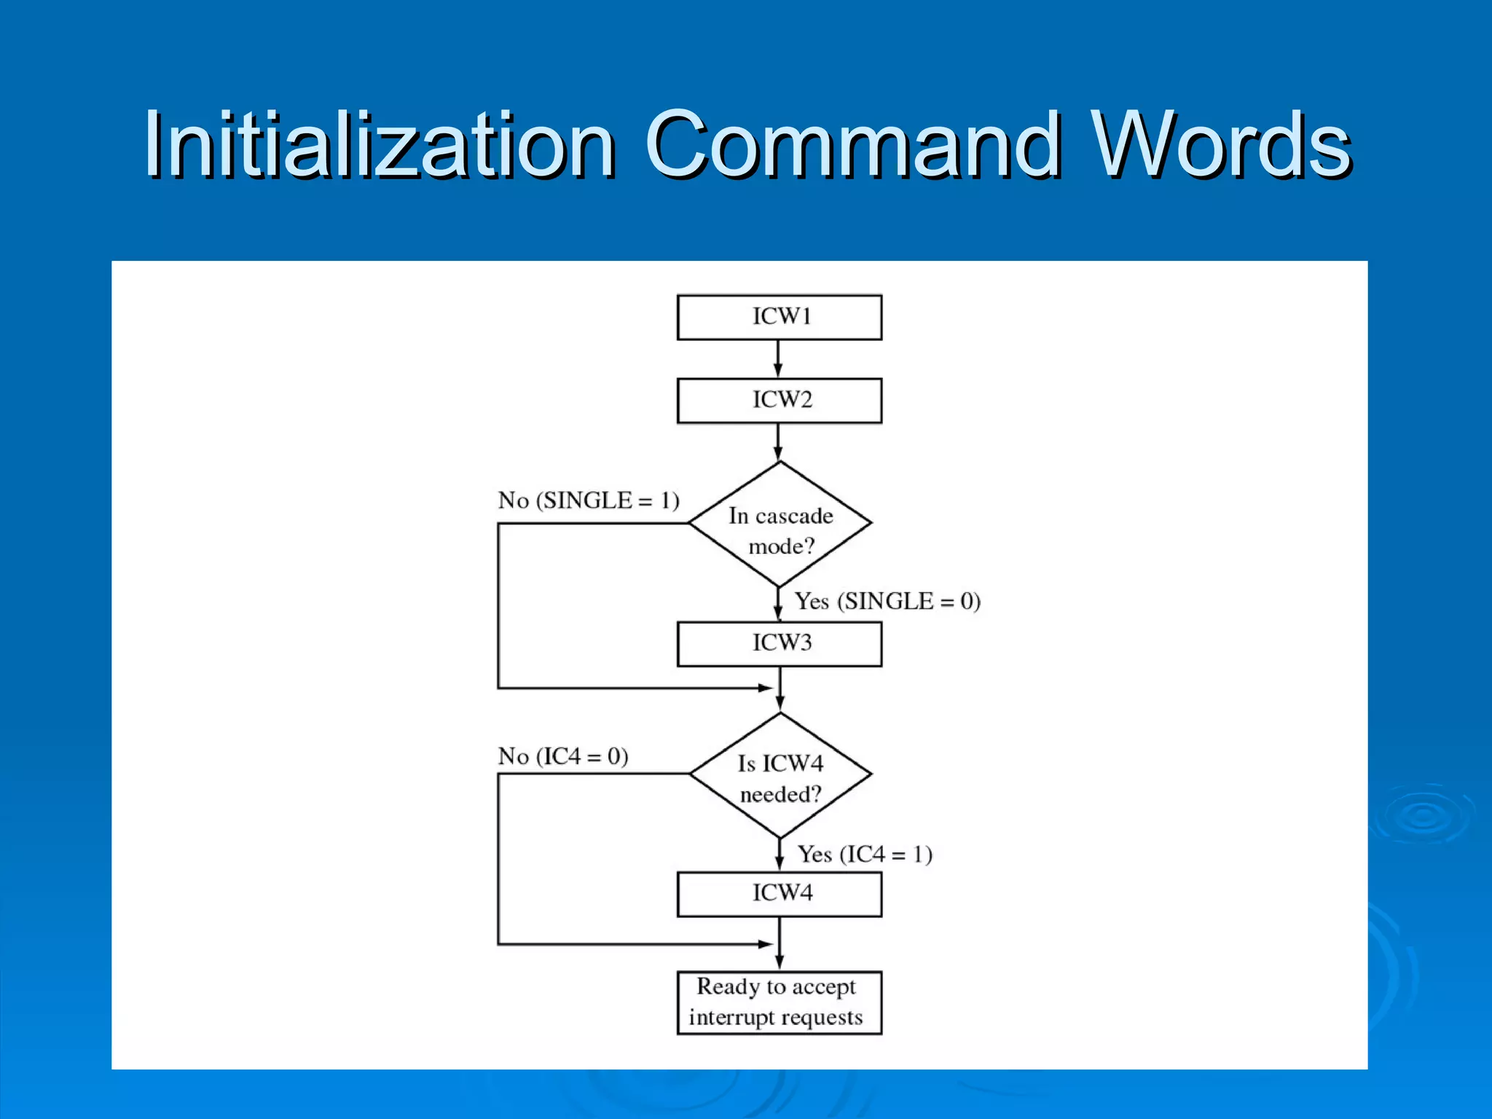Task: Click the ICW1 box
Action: point(779,317)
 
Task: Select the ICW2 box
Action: point(779,400)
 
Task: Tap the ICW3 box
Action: point(779,643)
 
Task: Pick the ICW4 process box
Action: point(779,894)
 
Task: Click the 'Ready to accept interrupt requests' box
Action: point(779,1002)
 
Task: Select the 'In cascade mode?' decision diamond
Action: point(780,524)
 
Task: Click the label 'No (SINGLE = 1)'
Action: point(589,500)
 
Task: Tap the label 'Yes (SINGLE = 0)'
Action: point(887,602)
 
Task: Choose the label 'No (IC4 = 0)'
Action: point(562,756)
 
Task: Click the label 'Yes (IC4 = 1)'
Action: point(865,854)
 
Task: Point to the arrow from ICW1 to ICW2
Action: point(778,358)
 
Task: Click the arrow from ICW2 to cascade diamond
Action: point(778,441)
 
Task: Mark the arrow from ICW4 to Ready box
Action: point(780,943)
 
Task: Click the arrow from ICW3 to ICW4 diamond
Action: point(780,688)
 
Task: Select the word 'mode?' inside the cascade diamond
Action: point(781,546)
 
